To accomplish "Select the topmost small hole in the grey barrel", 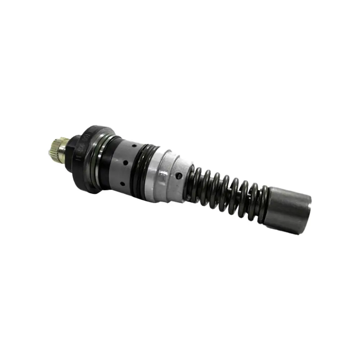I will point(134,146).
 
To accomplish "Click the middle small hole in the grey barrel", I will point(126,163).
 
